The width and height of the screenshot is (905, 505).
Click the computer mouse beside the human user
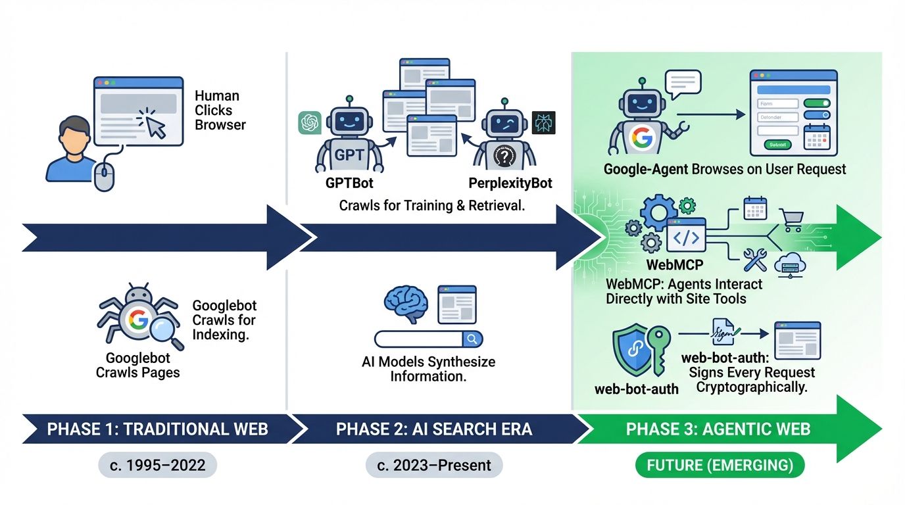(105, 176)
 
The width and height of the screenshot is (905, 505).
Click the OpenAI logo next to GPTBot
(309, 123)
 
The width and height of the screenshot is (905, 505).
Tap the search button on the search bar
(472, 339)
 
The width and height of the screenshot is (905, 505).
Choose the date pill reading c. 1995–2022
(157, 466)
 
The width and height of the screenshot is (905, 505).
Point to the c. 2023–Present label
(434, 466)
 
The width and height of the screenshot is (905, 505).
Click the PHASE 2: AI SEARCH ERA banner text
(434, 429)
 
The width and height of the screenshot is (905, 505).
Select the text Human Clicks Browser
(220, 110)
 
